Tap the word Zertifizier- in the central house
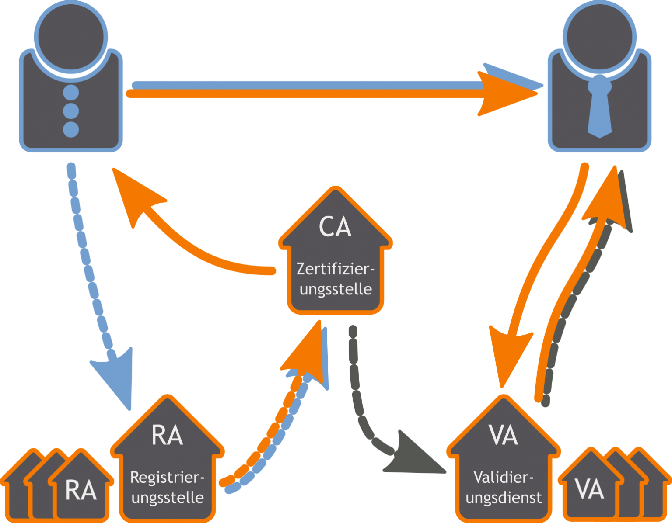(336, 268)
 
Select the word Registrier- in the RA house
(168, 477)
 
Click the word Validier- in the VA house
(504, 477)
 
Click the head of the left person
(71, 36)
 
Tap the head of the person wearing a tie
(599, 36)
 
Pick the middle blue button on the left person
(71, 111)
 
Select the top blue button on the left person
(71, 93)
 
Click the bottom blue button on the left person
(71, 129)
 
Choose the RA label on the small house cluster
(81, 490)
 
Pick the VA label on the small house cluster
(589, 489)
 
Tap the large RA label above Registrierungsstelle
(167, 435)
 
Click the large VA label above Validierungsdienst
(504, 435)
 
